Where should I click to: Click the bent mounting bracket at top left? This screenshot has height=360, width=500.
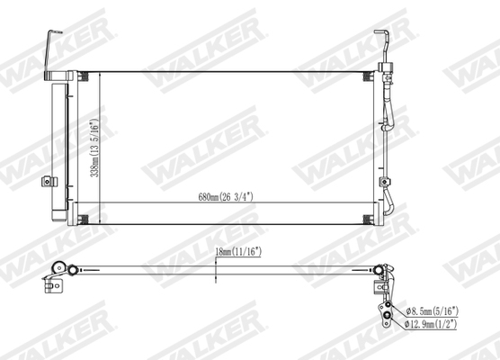(x=47, y=47)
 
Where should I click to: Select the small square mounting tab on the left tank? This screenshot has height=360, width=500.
(x=48, y=181)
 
